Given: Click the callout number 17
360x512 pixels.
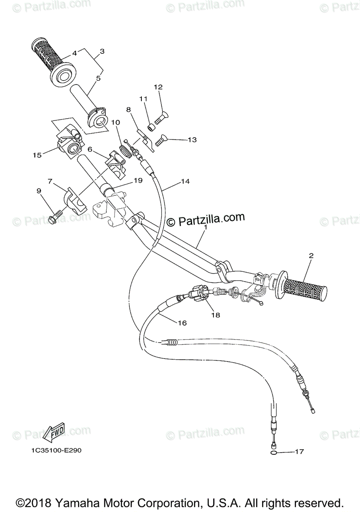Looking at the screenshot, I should (299, 451).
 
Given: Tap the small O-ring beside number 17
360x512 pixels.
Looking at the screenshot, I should (274, 452).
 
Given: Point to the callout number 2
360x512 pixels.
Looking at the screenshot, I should (311, 256).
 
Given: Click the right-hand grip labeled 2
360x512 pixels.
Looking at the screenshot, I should (304, 288).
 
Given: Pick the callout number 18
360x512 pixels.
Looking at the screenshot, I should (215, 315).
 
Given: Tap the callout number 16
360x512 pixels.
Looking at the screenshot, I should (182, 323).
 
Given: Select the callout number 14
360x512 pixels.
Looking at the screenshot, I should (185, 181).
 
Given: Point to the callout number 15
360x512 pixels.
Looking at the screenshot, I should (37, 155).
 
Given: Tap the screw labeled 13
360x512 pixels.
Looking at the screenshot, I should (161, 140).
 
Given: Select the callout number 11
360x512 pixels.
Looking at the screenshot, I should (143, 99).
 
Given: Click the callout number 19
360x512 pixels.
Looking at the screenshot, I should (138, 180).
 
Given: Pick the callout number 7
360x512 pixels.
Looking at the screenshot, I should (50, 181).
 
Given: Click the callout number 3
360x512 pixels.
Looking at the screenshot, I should (102, 52).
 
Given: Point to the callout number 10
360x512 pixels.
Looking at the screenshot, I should (115, 122).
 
